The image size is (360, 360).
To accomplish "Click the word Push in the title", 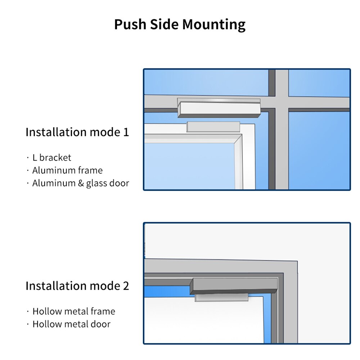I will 128,25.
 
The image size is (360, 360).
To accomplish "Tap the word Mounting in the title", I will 214,25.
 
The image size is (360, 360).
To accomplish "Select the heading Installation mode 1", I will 77,132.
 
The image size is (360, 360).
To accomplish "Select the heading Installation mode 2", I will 77,286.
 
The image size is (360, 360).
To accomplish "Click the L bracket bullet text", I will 52,158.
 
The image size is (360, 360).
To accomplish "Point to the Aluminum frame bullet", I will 67,170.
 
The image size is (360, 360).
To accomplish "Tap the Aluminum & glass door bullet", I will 81,183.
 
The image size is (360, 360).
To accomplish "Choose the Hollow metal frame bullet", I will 74,311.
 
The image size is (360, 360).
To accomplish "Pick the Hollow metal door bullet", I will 71,324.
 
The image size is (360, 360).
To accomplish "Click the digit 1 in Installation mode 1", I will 126,132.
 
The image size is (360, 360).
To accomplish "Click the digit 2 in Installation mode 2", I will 126,286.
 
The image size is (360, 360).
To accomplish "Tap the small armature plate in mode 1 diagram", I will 213,127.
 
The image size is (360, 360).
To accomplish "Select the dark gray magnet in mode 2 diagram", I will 234,286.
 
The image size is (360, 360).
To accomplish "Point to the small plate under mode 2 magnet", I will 221,297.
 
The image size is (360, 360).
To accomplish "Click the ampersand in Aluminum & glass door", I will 81,183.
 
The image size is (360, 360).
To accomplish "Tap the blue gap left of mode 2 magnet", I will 166,291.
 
